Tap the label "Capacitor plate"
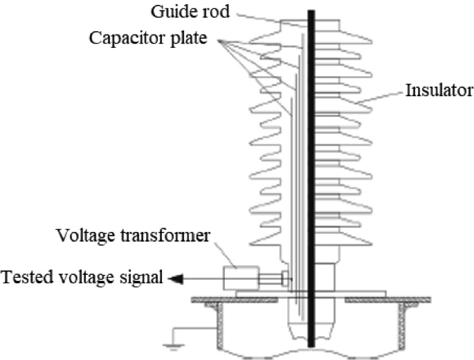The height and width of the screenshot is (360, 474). [x=148, y=37]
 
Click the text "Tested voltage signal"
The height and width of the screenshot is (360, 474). [x=82, y=278]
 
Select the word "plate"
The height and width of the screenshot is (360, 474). [x=190, y=37]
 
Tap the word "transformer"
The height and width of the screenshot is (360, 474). [x=170, y=236]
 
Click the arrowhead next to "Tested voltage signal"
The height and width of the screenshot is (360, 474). [x=173, y=279]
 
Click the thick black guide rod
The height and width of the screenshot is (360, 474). [x=311, y=173]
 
